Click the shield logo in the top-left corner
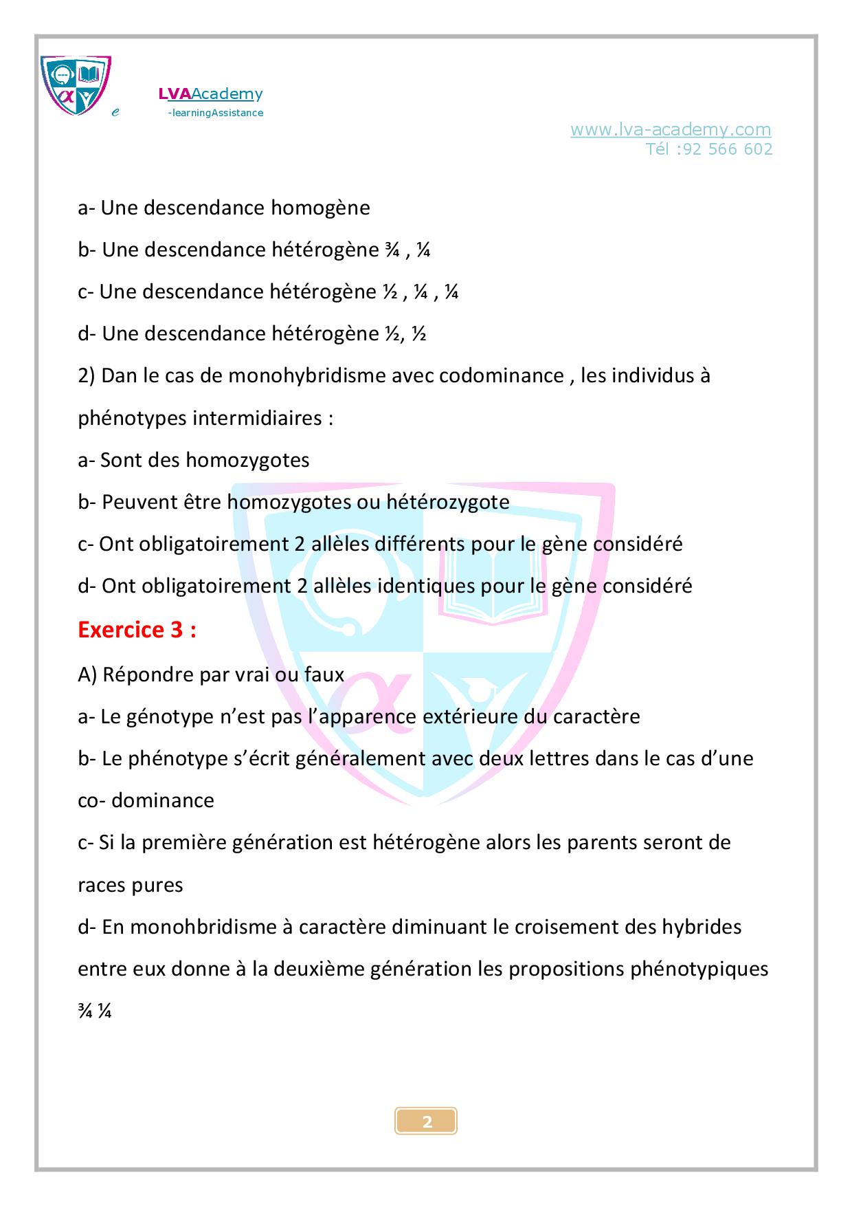[x=76, y=85]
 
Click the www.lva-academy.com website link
[x=671, y=129]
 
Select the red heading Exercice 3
[x=137, y=630]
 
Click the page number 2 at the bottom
[x=427, y=1122]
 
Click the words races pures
[x=131, y=885]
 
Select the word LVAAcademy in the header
[x=210, y=94]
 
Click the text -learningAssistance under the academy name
[x=215, y=113]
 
